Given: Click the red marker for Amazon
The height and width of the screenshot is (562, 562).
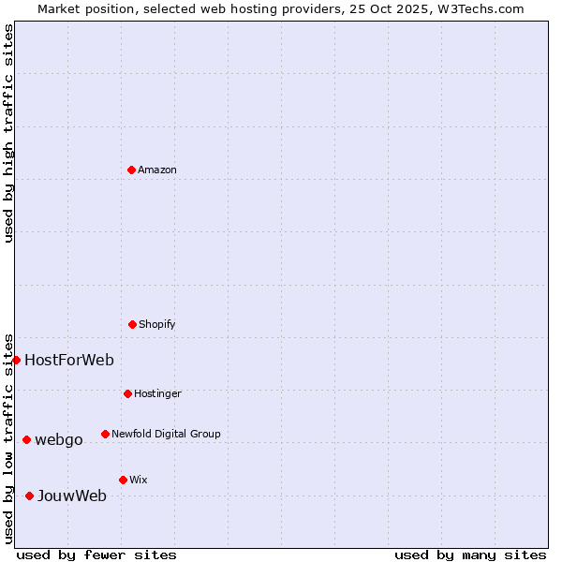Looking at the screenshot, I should coord(131,170).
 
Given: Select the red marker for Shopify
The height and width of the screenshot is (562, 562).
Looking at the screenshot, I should coord(132,324).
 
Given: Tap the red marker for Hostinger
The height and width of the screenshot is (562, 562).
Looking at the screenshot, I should coord(127,393).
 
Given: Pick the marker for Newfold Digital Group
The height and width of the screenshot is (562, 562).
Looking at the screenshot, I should coord(105,434).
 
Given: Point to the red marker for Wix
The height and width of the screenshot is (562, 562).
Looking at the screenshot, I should coord(123,480).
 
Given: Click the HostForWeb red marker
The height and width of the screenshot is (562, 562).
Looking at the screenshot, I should coord(16,360).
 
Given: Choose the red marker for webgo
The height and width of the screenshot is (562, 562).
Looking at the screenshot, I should coord(26,439).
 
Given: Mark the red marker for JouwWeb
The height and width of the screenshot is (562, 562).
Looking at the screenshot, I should coord(29,495).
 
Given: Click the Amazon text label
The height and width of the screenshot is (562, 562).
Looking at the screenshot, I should coord(157,170).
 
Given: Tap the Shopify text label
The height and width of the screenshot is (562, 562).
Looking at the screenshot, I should coord(157,324).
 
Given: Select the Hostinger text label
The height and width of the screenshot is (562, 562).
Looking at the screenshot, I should coord(157,393).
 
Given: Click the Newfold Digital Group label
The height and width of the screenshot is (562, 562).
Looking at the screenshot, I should coord(166,434).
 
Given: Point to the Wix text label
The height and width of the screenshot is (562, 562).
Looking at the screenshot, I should coord(138,480).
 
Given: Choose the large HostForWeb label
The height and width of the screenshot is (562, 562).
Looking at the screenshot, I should coord(69,360).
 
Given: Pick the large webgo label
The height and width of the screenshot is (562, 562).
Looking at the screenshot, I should coord(59,439).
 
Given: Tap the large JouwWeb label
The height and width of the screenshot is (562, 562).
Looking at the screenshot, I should coord(72,495).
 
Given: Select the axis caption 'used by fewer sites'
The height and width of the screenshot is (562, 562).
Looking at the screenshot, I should coord(96,555).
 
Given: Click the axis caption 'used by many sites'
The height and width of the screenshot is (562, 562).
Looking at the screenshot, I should coord(470,555).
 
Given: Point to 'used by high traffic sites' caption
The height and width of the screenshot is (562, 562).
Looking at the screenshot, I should coord(8,133).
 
